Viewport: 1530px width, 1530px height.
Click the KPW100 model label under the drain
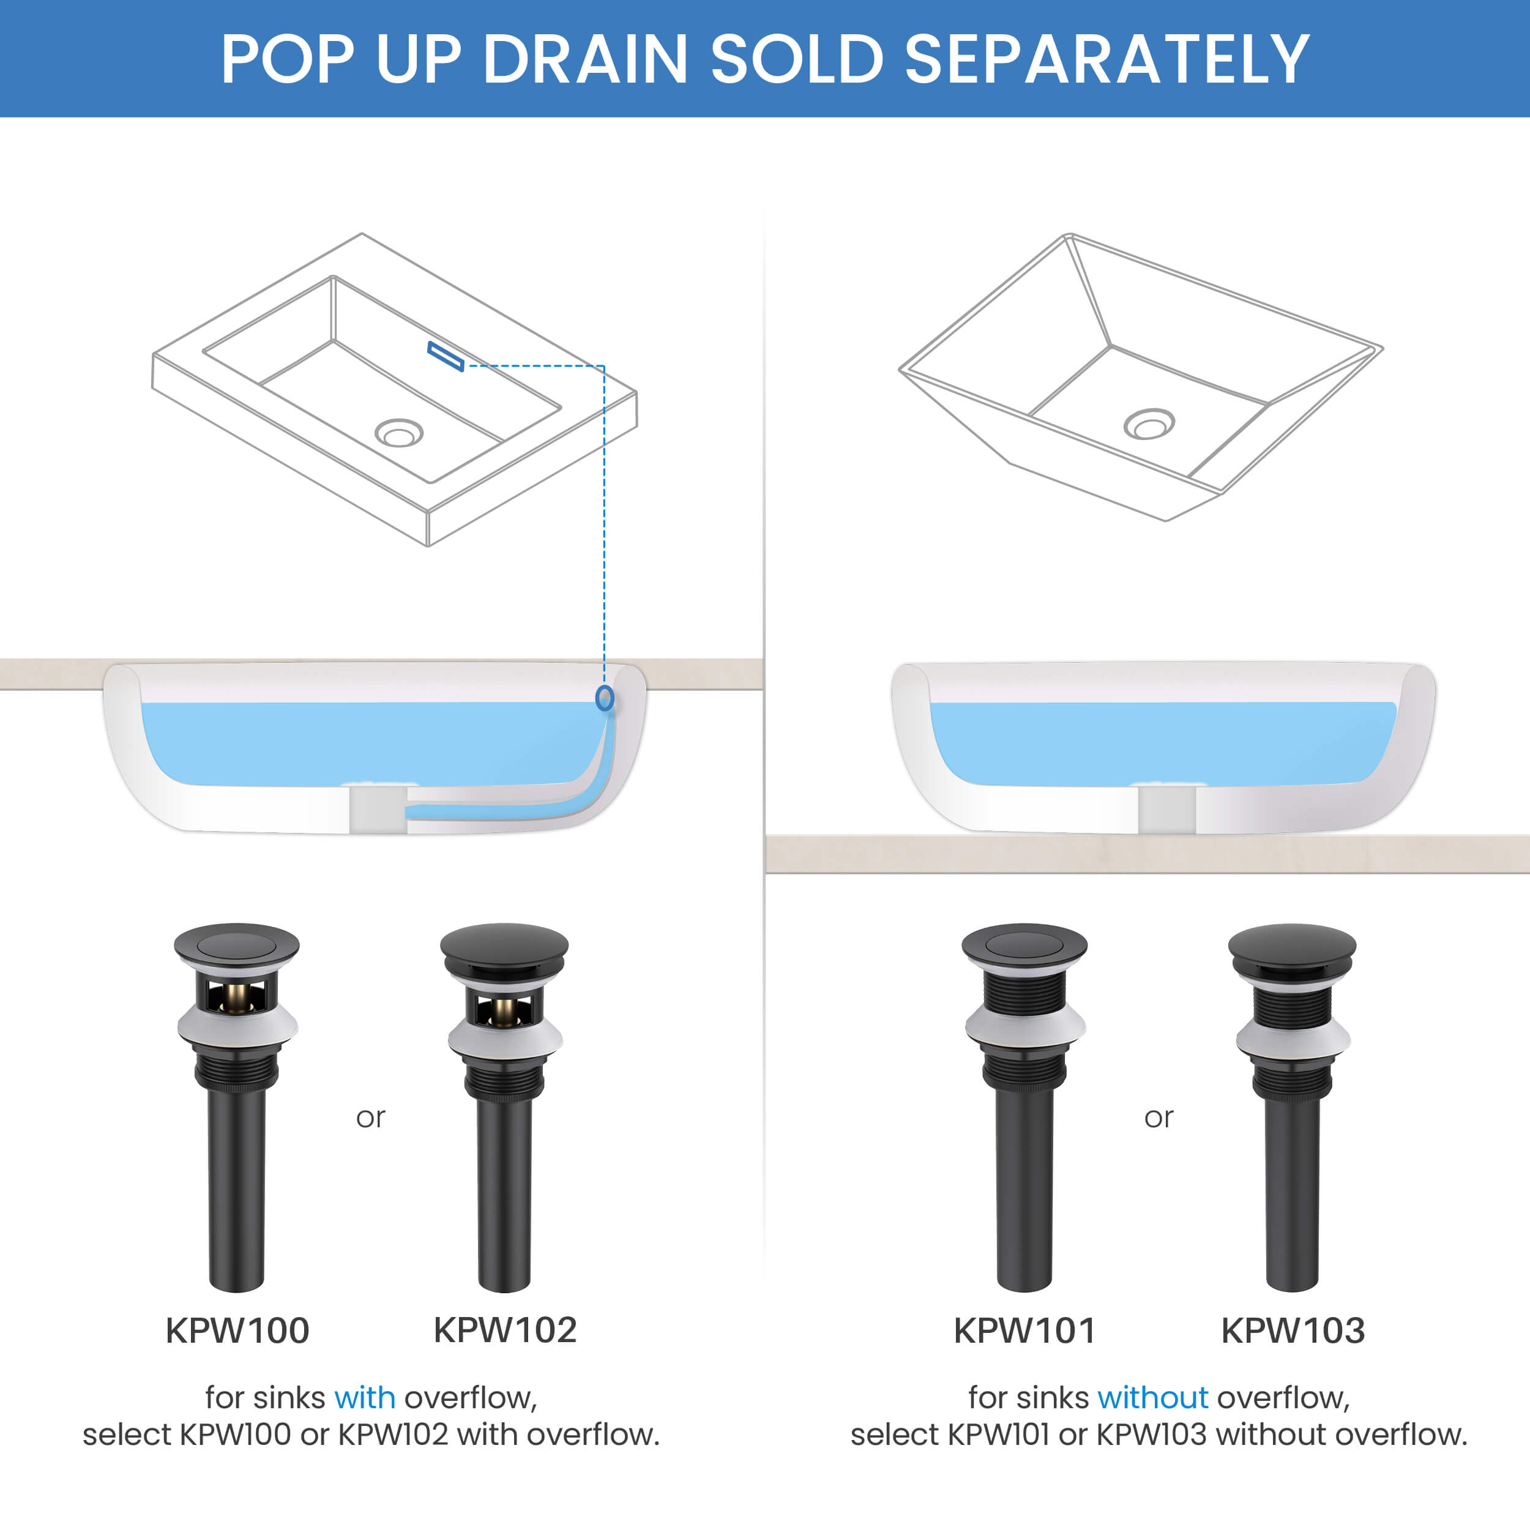point(237,1330)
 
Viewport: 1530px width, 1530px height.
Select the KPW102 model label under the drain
point(506,1330)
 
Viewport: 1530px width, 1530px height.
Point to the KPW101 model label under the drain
point(1024,1330)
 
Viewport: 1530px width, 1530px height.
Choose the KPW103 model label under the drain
point(1293,1330)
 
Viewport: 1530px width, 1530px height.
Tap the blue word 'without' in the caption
point(1153,1398)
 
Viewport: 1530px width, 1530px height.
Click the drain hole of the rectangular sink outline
point(399,433)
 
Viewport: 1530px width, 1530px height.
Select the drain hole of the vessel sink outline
point(1149,424)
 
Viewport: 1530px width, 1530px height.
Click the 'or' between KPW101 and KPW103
point(1159,1118)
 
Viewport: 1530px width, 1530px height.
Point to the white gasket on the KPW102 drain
point(506,1038)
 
